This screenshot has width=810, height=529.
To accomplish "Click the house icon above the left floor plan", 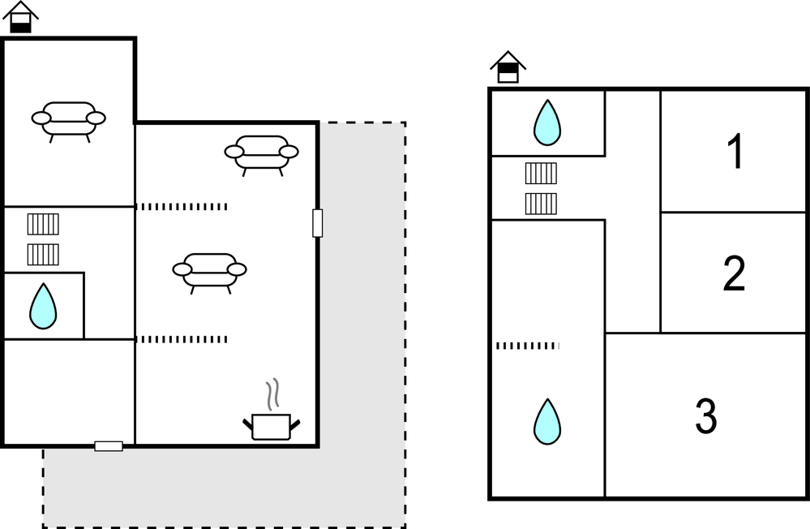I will [20, 17].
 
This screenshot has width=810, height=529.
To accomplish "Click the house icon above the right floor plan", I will [508, 67].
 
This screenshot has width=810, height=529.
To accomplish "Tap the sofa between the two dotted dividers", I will [209, 272].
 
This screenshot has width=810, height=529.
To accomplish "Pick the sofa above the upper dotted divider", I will [261, 153].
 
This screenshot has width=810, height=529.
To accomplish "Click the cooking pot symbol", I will [271, 425].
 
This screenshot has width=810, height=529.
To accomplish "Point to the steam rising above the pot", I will [275, 393].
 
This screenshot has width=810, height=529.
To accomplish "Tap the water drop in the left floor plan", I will [43, 306].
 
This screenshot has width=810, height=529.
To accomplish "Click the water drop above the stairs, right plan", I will [547, 123].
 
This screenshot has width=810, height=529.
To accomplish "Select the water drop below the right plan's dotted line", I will [547, 421].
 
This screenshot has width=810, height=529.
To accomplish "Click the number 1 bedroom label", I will [735, 152].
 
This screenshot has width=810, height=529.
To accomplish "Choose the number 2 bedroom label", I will [734, 274].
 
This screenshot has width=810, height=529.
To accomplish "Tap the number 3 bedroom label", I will [706, 416].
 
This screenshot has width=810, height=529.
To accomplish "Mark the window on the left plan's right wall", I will [317, 223].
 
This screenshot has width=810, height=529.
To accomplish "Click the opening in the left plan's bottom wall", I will [109, 445].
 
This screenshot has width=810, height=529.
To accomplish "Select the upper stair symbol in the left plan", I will [44, 224].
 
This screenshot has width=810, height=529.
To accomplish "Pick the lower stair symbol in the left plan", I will [44, 255].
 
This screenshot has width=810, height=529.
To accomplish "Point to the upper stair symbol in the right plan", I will [541, 174].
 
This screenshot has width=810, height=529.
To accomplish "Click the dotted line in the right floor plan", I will [528, 346].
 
